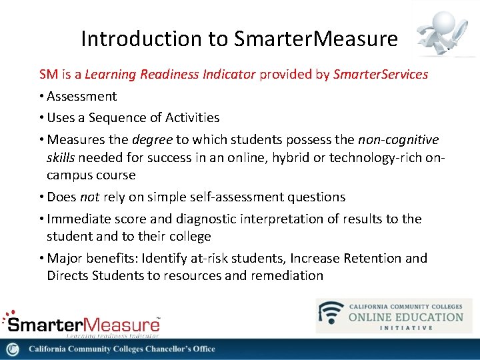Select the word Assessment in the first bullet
(82, 97)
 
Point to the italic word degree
(151, 139)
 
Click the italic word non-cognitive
(398, 139)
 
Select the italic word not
(89, 197)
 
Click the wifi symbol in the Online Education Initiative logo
(331, 314)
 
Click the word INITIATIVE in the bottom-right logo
(405, 327)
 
